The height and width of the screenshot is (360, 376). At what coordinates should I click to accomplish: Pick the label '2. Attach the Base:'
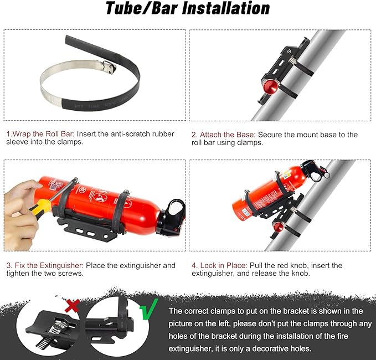click(223, 135)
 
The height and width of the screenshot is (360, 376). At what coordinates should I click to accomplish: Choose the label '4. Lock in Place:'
click(219, 266)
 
